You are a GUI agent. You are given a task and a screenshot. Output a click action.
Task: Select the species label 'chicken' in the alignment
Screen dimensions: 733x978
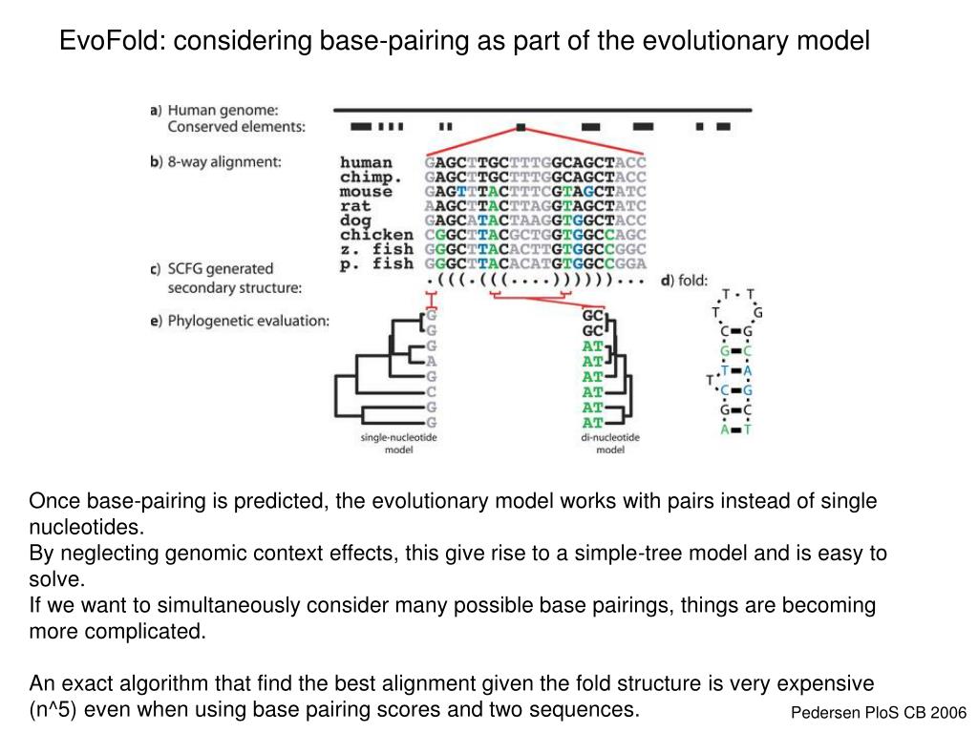pyautogui.click(x=376, y=234)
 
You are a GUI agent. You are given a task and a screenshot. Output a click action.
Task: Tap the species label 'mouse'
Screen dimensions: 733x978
pyautogui.click(x=366, y=191)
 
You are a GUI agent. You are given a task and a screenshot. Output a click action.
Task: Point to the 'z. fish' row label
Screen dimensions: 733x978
pyautogui.click(x=376, y=248)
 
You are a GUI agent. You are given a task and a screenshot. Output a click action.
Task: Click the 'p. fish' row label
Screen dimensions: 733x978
pyautogui.click(x=376, y=262)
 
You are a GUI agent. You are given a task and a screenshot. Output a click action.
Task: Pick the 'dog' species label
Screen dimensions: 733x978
pyautogui.click(x=355, y=220)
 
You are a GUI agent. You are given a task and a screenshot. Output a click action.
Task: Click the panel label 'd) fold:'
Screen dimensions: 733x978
pyautogui.click(x=683, y=280)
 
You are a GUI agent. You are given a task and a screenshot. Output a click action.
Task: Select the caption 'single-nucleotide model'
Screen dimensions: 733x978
pyautogui.click(x=397, y=444)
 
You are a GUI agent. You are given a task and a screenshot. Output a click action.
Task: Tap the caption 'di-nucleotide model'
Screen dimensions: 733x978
pyautogui.click(x=610, y=444)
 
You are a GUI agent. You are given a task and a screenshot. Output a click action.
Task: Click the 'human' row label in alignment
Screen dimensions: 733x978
pyautogui.click(x=366, y=162)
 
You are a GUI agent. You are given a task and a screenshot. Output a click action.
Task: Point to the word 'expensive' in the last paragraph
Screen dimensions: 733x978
pyautogui.click(x=827, y=683)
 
